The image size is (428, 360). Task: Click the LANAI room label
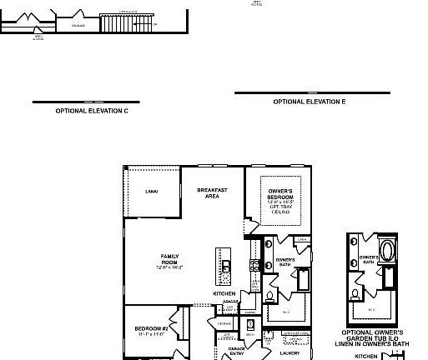tap(151, 192)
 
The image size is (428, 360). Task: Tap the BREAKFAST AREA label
tap(213, 193)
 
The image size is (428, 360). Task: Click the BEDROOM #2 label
tap(152, 330)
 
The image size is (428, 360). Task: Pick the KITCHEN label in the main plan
tap(224, 293)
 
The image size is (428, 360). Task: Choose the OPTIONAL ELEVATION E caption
tap(310, 101)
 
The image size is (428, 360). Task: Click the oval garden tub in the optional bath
tap(389, 251)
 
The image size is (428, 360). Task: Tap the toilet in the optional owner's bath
tap(356, 293)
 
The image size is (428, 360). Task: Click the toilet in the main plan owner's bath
tap(270, 296)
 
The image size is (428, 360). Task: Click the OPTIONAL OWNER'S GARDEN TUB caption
tap(373, 336)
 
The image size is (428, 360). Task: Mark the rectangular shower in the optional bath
tap(389, 279)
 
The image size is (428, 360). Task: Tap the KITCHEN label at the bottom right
tap(365, 356)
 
